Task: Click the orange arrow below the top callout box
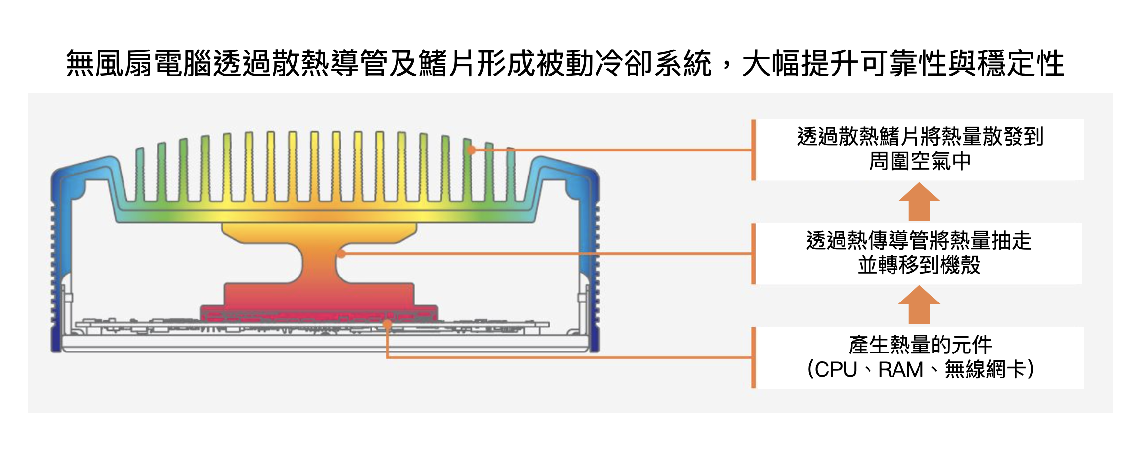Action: (x=919, y=201)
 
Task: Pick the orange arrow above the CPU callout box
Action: (x=919, y=304)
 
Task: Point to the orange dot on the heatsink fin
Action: (x=472, y=150)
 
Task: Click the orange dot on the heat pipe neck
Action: (x=341, y=254)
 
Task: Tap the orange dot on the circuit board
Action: (x=387, y=324)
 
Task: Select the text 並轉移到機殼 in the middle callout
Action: (x=919, y=265)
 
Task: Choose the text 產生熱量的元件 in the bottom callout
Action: (x=920, y=345)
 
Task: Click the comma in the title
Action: (x=727, y=66)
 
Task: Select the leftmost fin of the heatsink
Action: (x=140, y=174)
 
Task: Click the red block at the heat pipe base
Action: (x=319, y=313)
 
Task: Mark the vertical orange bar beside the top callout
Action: (x=754, y=150)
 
